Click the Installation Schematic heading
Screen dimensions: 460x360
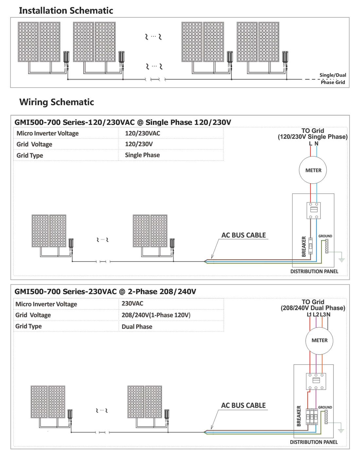pyautogui.click(x=66, y=10)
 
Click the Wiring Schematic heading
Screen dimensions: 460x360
pyautogui.click(x=57, y=102)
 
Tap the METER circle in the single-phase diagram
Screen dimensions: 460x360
pyautogui.click(x=313, y=170)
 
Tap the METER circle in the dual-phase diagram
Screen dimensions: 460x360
pyautogui.click(x=319, y=340)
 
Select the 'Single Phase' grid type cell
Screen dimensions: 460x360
pyautogui.click(x=142, y=155)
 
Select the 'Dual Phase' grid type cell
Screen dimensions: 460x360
pyautogui.click(x=137, y=327)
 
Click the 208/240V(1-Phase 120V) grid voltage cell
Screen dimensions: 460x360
pyautogui.click(x=156, y=315)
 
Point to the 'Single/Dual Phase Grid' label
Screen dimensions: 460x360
pyautogui.click(x=333, y=79)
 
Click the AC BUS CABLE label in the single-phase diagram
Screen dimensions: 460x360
pyautogui.click(x=243, y=235)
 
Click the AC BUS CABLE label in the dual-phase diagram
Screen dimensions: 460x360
pyautogui.click(x=243, y=405)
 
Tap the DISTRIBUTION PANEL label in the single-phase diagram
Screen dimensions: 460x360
pyautogui.click(x=314, y=271)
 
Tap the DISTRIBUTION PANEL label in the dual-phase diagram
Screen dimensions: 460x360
pyautogui.click(x=314, y=442)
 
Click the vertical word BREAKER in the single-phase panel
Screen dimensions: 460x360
pyautogui.click(x=304, y=246)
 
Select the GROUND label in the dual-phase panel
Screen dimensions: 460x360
pyautogui.click(x=325, y=407)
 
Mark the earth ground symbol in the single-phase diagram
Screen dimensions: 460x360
pyautogui.click(x=342, y=260)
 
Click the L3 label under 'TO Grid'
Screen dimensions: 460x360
pyautogui.click(x=323, y=314)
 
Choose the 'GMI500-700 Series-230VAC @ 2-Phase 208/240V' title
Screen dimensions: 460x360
pyautogui.click(x=105, y=292)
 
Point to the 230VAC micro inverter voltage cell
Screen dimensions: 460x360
pyautogui.click(x=132, y=303)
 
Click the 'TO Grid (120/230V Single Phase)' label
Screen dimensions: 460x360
pyautogui.click(x=313, y=133)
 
